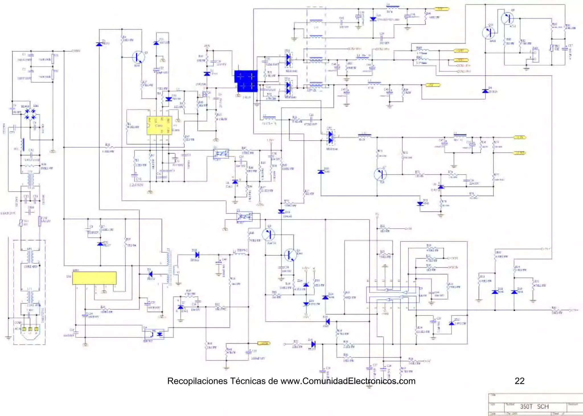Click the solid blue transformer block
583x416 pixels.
click(x=246, y=81)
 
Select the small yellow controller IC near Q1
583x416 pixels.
click(x=159, y=126)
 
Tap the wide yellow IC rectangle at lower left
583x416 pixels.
click(x=94, y=278)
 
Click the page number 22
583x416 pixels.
click(x=520, y=381)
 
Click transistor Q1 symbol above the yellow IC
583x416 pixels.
click(x=139, y=57)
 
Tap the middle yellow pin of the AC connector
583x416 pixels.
click(x=30, y=329)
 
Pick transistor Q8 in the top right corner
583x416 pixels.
click(x=508, y=18)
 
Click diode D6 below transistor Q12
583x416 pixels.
click(x=485, y=91)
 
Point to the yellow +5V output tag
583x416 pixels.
click(x=433, y=85)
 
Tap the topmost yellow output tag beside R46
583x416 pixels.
click(x=441, y=9)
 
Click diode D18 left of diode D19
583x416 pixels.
click(x=495, y=292)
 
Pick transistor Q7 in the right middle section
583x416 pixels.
click(x=380, y=174)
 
